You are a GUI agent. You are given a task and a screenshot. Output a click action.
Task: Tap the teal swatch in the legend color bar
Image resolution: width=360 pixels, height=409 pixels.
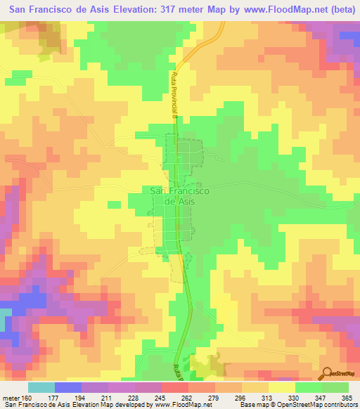[x=41, y=388]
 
